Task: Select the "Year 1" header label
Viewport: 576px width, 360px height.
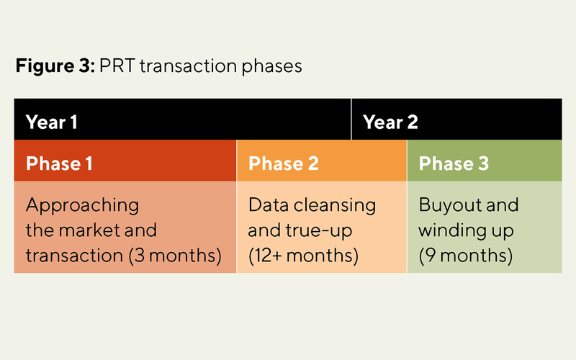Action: pos(52,122)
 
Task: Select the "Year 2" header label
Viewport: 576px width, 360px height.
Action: pos(390,122)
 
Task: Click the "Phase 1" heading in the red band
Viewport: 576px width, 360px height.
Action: pos(59,163)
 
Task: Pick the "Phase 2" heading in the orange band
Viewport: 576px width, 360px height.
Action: pos(283,163)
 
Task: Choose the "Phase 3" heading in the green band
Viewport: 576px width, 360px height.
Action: pos(454,163)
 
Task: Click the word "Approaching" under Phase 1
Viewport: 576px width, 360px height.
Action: pos(82,205)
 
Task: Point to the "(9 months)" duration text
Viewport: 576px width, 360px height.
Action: pos(465,255)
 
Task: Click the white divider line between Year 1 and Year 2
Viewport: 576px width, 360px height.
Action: pos(351,119)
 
